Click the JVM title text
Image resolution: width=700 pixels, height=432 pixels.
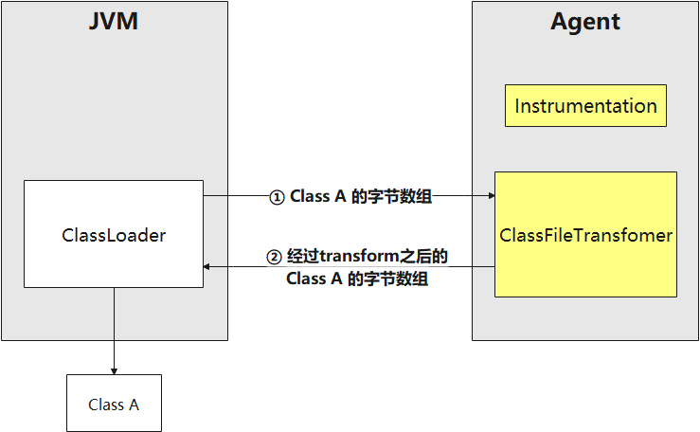point(114,21)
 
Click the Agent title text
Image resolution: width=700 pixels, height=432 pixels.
point(585,21)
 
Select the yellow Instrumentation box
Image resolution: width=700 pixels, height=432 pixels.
point(585,105)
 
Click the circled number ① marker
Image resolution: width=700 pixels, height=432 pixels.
point(277,198)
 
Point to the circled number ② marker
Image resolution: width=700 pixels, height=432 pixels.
point(273,257)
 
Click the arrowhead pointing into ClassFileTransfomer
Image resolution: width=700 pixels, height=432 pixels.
point(490,196)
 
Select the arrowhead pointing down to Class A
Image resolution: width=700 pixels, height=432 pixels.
point(114,369)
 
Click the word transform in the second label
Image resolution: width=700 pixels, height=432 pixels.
point(357,257)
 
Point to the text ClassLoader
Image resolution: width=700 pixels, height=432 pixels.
point(114,235)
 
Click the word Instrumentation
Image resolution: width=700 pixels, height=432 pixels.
point(585,106)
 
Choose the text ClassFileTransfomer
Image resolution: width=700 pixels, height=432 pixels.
point(585,235)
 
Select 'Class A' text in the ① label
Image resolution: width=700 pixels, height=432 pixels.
point(323,197)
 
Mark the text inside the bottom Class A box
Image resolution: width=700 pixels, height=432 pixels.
point(114,405)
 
